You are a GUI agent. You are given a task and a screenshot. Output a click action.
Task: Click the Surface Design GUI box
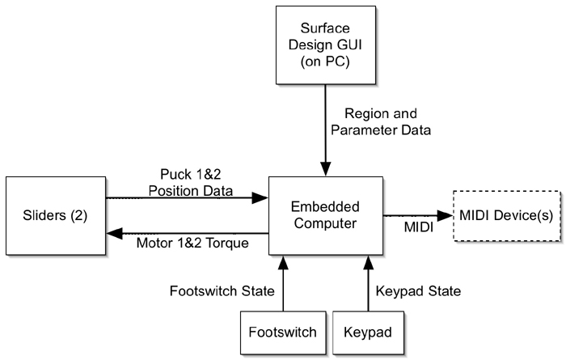point(325,44)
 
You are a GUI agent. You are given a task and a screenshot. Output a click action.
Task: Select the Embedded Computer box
point(325,215)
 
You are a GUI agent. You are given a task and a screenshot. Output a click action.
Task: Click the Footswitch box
point(283,331)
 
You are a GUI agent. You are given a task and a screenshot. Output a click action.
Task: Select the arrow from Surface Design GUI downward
point(325,129)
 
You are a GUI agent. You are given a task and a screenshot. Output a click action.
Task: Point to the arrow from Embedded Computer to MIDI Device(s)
point(416,216)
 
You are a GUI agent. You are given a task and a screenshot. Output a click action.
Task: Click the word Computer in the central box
point(325,224)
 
